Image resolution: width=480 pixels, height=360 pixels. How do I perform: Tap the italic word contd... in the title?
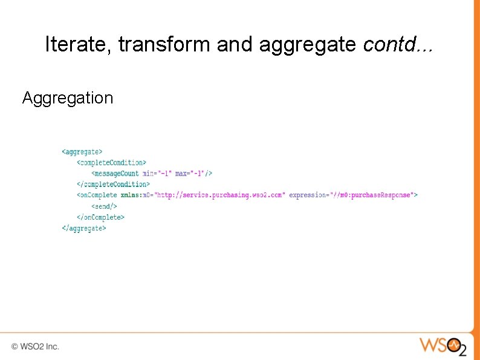398,44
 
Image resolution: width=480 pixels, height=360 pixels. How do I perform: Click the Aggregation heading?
68,98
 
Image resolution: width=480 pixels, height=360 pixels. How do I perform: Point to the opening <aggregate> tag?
82,152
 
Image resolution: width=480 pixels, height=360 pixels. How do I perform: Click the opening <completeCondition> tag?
111,163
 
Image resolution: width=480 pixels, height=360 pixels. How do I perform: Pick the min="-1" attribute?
157,174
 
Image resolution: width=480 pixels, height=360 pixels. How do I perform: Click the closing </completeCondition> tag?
113,185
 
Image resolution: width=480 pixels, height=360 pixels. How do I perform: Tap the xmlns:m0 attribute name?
137,195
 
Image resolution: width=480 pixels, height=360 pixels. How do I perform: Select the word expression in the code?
309,195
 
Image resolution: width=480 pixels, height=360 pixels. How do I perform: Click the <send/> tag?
105,206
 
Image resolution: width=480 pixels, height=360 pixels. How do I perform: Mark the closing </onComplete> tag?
100,217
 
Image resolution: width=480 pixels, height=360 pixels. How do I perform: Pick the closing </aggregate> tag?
84,228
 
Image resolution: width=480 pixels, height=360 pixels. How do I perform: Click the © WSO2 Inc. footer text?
35,347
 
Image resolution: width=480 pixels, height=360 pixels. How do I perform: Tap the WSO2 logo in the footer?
443,346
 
